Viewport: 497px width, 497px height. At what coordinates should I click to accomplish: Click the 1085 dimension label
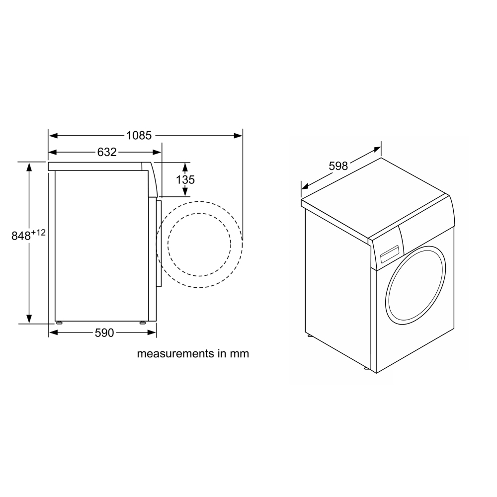click(139, 136)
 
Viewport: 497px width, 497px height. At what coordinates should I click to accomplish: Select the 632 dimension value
click(107, 152)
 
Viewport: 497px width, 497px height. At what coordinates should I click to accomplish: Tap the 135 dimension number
click(185, 180)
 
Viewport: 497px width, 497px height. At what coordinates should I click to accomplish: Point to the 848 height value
click(21, 236)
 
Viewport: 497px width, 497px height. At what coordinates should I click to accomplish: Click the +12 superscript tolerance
click(38, 233)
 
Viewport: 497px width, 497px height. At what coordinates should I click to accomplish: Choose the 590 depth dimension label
click(104, 332)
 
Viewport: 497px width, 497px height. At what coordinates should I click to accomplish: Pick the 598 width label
click(338, 166)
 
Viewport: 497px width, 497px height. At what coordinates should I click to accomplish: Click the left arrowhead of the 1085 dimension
click(53, 136)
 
